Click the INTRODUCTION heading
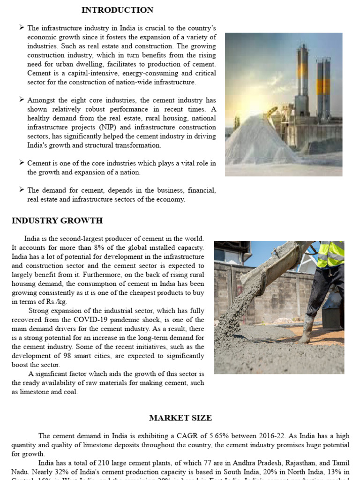(x=117, y=10)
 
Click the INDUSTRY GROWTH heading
(x=57, y=221)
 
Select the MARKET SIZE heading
(x=180, y=418)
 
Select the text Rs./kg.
(x=52, y=302)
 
